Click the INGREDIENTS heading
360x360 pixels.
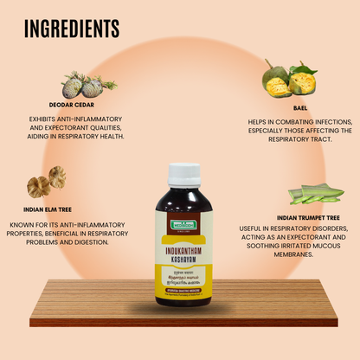72,29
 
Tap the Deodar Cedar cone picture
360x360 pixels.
87,85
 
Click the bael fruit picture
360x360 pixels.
287,79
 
